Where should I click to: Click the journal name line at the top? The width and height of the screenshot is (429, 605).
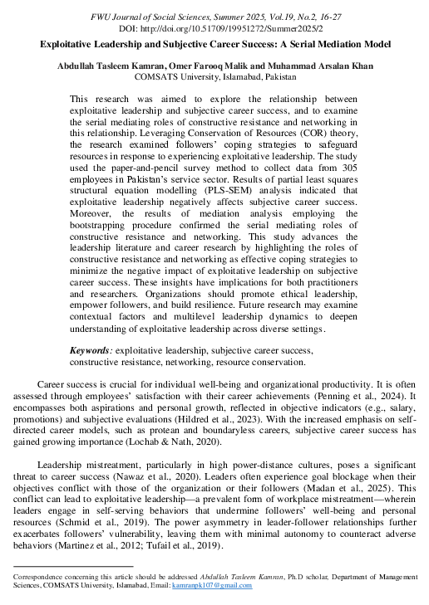[x=214, y=15]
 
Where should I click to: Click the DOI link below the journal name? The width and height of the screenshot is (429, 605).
[x=214, y=27]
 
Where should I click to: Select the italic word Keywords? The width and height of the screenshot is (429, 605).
[x=90, y=352]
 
